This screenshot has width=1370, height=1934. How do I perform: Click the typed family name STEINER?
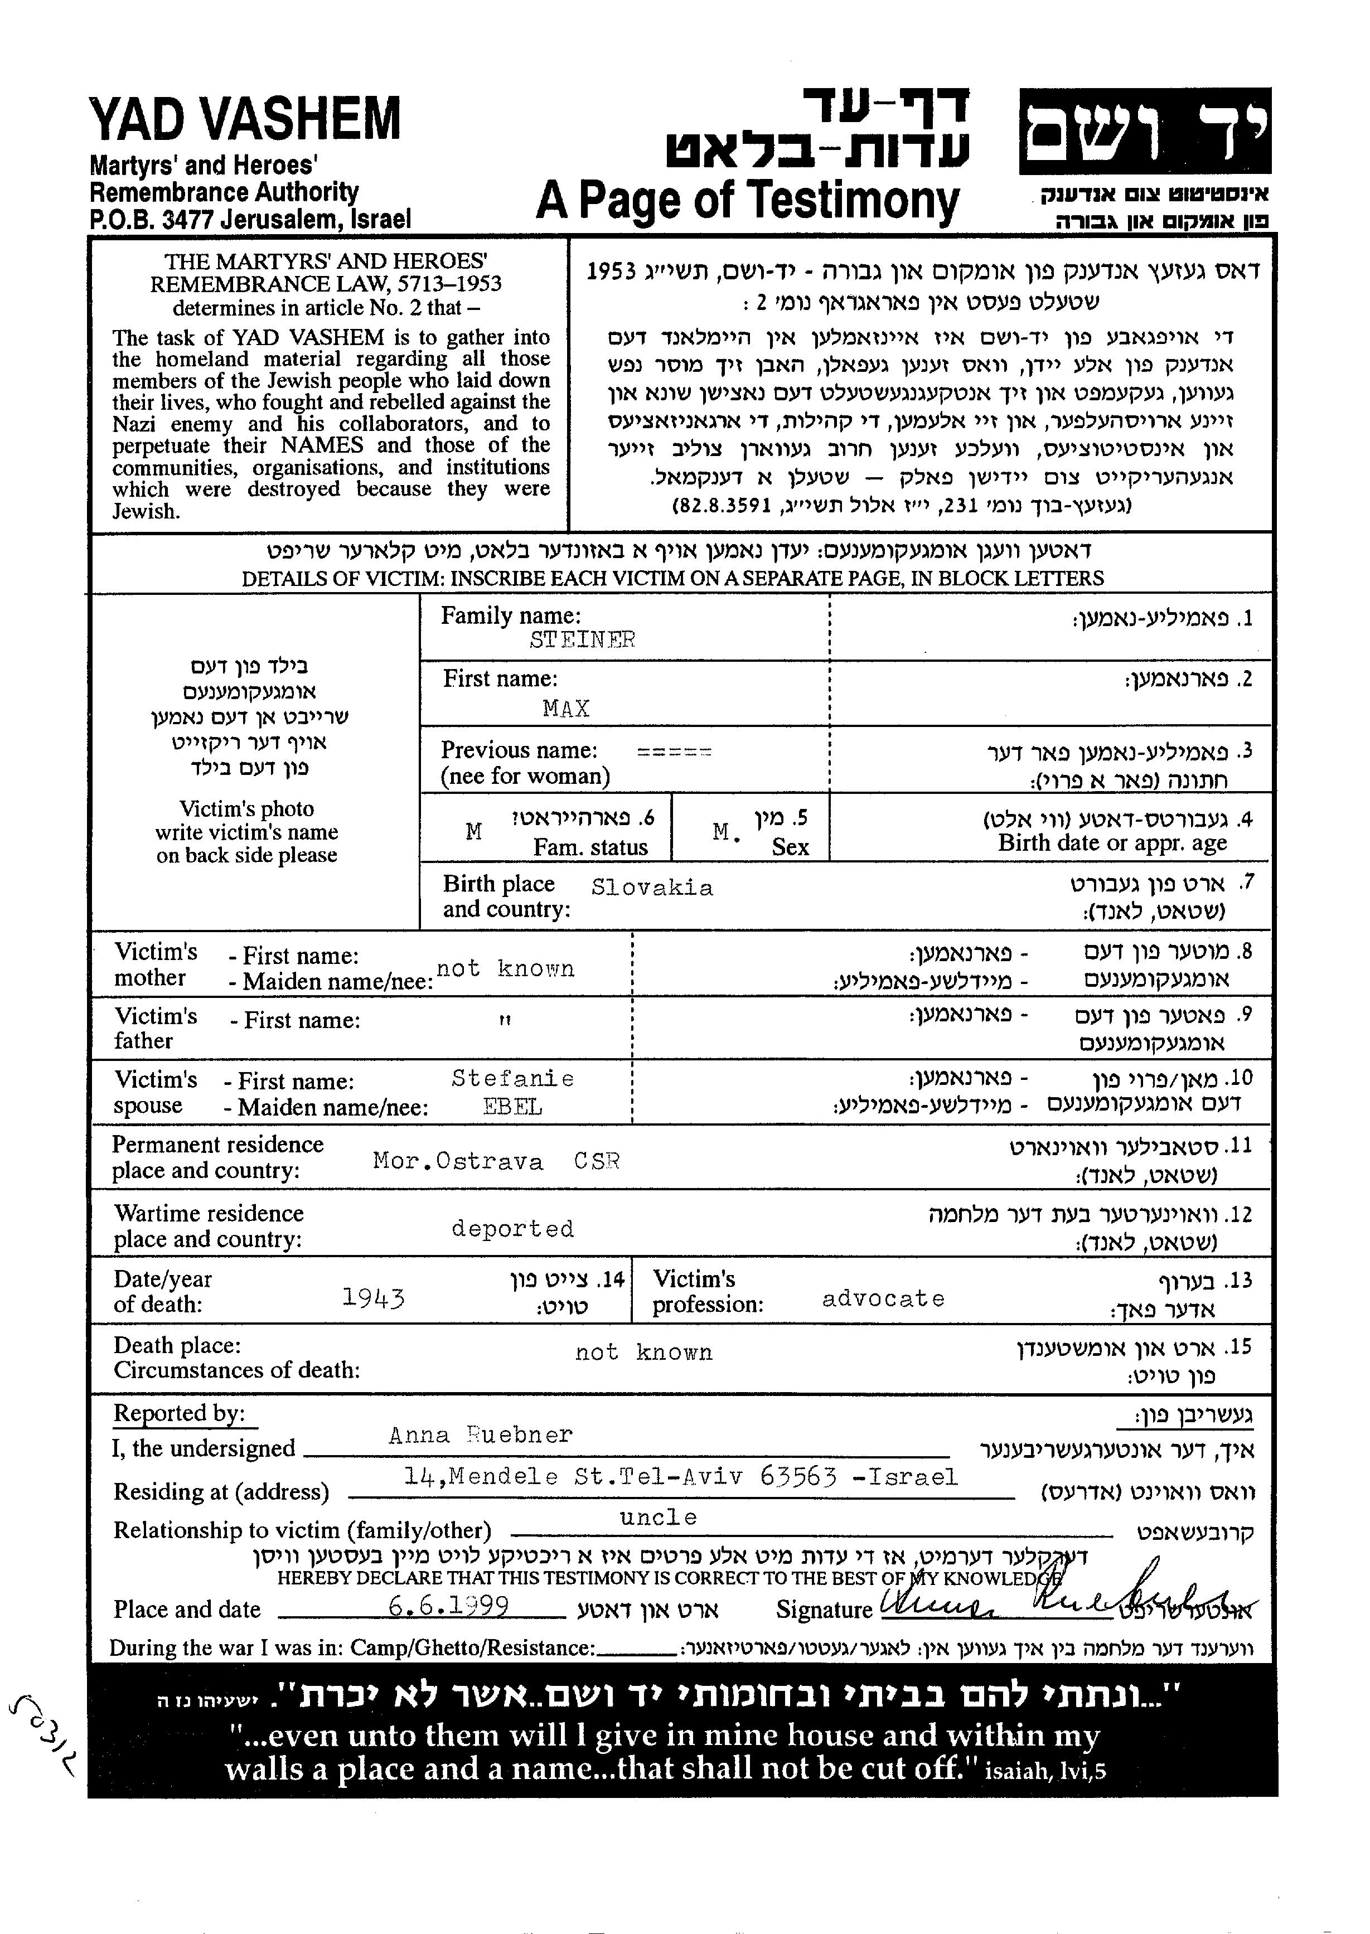pos(582,640)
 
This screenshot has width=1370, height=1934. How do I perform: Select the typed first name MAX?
pos(566,709)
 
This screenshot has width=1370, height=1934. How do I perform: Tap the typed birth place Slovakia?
pos(652,888)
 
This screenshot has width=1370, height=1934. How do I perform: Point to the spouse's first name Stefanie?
pos(513,1079)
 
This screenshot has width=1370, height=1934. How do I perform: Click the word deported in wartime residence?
pos(512,1228)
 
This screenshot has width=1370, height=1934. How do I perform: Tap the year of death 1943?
pos(374,1297)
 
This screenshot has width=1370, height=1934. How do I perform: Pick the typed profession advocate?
pos(883,1299)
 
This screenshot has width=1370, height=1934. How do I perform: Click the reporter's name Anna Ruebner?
pos(480,1434)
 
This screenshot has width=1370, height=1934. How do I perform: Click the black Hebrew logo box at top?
pos(1145,130)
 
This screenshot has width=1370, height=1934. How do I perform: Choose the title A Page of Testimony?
pos(747,201)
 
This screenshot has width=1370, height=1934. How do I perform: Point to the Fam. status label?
pos(590,847)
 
